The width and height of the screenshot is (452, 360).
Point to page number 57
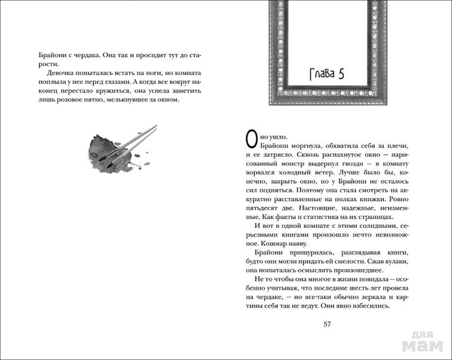328,323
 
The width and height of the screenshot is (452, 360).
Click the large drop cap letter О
251,139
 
